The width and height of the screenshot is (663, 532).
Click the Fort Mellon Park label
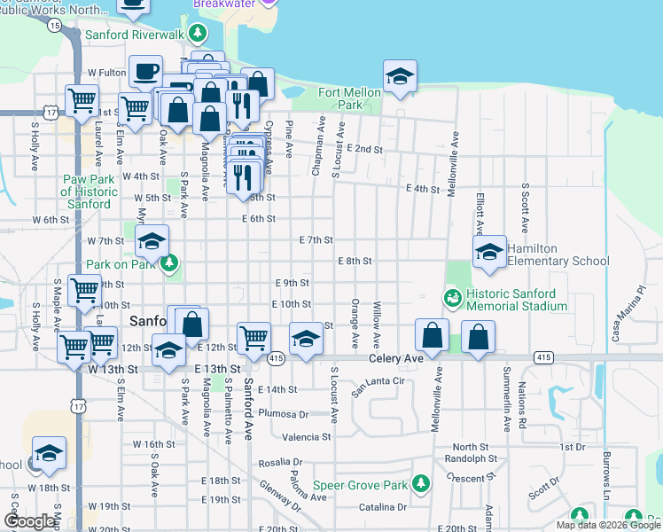pos(341,98)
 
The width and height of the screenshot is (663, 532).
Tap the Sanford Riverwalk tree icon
pos(197,35)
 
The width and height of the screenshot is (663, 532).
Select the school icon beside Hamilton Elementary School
pos(488,252)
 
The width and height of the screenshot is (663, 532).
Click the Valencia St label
pos(306,436)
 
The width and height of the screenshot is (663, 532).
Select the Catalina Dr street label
pos(383,507)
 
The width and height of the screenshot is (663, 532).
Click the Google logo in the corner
pos(29,521)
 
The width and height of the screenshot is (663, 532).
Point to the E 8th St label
pos(355,261)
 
